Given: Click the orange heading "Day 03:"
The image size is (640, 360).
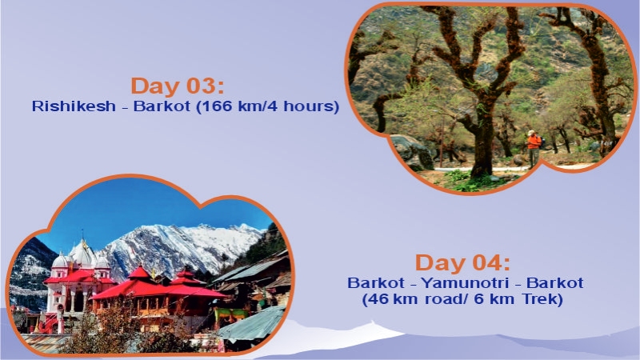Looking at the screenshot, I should (178, 86).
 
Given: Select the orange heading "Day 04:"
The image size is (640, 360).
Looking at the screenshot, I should (462, 263).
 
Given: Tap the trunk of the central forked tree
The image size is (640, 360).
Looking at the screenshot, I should (482, 136).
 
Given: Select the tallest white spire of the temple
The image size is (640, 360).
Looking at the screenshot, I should (81, 250).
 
